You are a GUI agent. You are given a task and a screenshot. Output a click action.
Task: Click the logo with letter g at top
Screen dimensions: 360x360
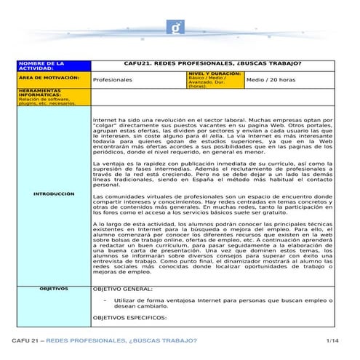(x=180, y=29)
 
